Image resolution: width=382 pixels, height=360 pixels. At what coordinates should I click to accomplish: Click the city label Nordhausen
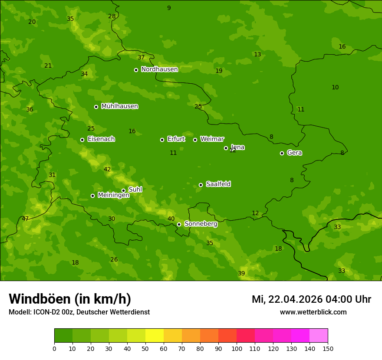159,69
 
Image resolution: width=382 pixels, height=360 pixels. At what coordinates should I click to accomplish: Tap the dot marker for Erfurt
162,140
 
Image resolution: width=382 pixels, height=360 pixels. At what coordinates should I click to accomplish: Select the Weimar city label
212,139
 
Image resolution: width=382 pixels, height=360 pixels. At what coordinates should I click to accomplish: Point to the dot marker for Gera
282,153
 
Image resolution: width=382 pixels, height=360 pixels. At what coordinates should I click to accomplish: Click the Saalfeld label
218,184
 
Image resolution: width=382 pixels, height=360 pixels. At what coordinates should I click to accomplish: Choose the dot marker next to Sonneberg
179,224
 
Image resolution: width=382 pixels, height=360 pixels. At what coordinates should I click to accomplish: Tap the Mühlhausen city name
119,106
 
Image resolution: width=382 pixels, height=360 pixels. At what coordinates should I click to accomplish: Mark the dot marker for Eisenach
82,140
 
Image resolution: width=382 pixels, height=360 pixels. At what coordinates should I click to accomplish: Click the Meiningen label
113,195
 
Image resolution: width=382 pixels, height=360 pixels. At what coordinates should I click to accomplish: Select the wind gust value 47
25,219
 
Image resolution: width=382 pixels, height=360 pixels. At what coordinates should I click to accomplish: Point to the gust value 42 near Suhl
107,170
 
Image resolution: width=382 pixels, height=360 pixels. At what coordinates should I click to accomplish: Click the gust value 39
241,273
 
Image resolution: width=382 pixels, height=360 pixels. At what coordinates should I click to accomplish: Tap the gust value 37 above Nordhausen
141,58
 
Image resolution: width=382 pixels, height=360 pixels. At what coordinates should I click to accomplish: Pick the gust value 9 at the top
169,8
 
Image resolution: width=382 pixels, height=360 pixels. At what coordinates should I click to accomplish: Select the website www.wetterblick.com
313,312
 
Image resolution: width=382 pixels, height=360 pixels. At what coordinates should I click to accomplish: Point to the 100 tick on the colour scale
237,348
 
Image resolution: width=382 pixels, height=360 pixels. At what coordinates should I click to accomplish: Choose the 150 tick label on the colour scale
327,348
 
